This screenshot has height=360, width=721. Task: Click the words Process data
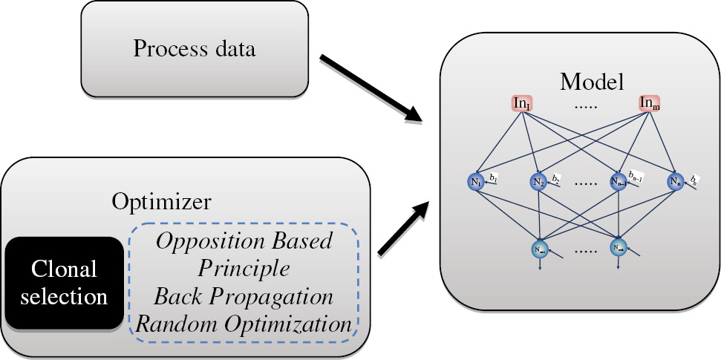coord(194,49)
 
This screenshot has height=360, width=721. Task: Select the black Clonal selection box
coord(64,284)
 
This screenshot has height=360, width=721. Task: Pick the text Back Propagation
coord(244,296)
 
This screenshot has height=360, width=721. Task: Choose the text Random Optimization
coord(244,324)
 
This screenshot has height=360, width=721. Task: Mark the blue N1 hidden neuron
coord(475,181)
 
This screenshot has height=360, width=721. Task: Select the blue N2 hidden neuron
coord(539,181)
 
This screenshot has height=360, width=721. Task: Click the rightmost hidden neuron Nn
coord(674,181)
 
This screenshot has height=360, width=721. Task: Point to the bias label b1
coord(493,177)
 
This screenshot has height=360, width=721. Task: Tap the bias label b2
coord(557,178)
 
